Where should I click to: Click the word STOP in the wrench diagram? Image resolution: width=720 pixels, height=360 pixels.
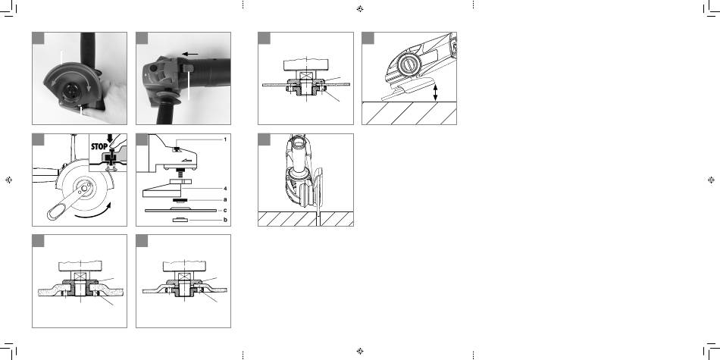99,146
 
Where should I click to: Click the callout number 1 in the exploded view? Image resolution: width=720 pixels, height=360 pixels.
225,139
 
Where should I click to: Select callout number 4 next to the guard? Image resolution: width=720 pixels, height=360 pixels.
225,189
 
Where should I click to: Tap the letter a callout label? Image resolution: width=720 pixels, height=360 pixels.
225,200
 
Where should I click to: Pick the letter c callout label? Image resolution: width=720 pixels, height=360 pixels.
225,210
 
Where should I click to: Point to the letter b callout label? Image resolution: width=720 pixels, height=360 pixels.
225,220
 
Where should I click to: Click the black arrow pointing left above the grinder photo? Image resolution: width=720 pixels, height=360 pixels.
190,54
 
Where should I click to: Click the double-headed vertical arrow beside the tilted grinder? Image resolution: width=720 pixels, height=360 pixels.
435,92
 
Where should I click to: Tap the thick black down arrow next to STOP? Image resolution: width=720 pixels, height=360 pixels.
110,139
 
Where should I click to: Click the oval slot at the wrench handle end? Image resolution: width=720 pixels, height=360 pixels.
55,213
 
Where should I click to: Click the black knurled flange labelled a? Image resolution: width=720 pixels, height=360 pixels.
180,201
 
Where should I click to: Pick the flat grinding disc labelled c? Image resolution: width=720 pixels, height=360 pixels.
180,210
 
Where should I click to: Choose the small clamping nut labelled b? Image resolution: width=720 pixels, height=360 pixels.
180,221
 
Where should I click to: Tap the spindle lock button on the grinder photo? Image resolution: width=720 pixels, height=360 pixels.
188,68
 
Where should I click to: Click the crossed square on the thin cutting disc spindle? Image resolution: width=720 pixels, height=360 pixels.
305,76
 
